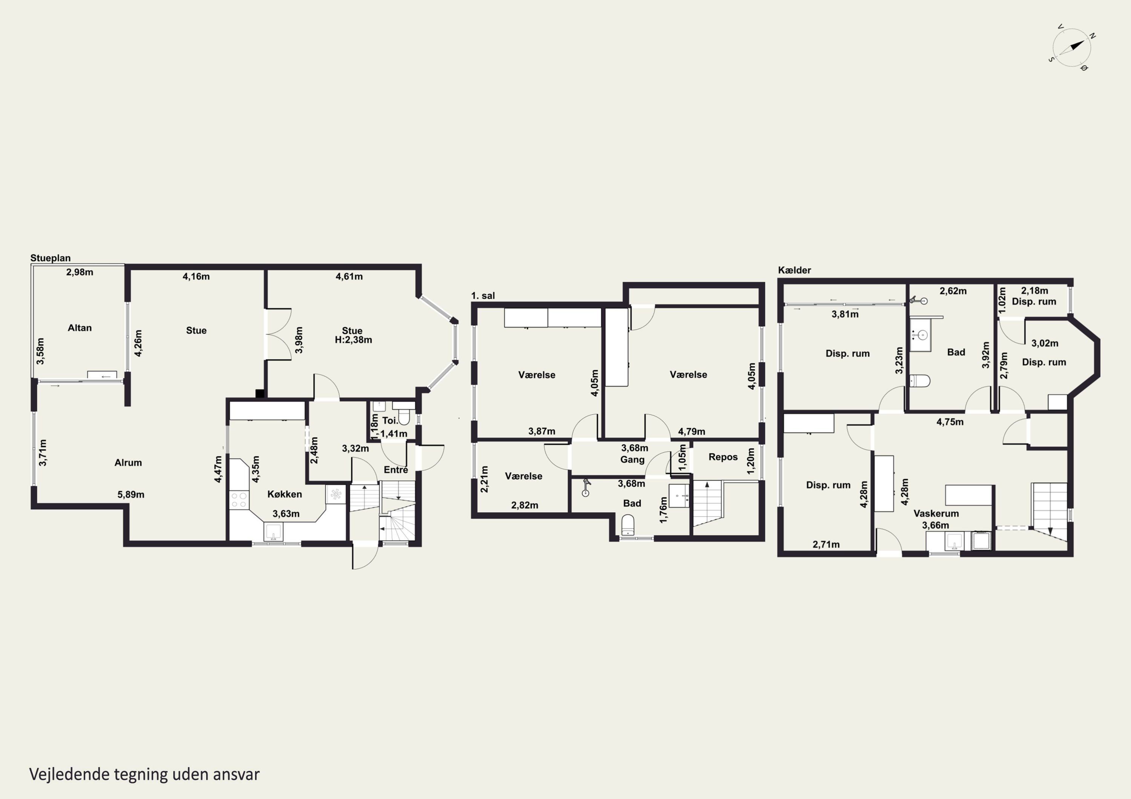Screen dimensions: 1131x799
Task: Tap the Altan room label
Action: tap(80, 328)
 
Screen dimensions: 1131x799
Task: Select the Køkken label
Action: tap(285, 494)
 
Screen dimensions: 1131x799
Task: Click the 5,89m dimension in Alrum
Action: tap(131, 495)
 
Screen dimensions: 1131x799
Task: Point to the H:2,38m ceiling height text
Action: tap(353, 340)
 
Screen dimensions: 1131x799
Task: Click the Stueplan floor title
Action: tap(50, 258)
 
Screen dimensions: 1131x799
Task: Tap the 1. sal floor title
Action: tap(483, 296)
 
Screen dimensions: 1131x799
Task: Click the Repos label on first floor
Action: tap(723, 457)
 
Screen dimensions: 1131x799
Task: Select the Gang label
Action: tap(633, 460)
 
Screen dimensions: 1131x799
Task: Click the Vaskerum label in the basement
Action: tap(936, 513)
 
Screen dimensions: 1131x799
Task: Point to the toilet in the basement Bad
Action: tap(919, 381)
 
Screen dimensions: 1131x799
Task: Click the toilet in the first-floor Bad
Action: tap(628, 525)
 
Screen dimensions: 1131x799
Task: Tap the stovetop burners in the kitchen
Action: tap(239, 500)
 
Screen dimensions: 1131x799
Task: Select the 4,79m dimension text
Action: tap(691, 432)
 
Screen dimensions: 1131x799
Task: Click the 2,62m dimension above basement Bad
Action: tap(953, 291)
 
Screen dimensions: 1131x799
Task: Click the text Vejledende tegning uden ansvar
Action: tap(144, 775)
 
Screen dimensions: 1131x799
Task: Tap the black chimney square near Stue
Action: tap(260, 393)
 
